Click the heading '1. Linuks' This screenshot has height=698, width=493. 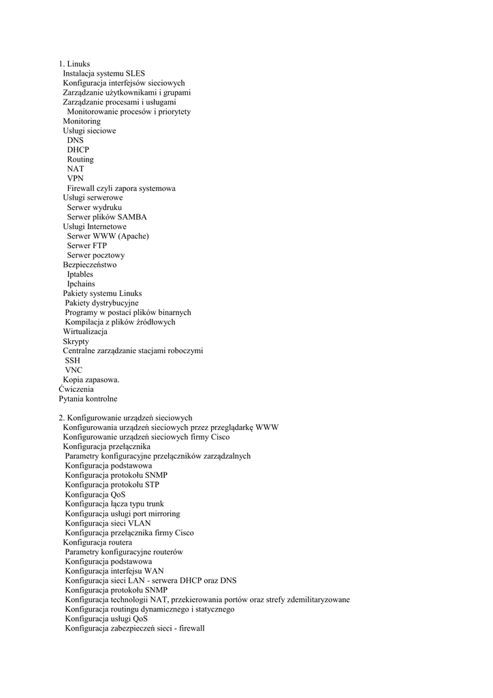[x=74, y=64]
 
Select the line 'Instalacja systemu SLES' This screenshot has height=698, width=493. [x=104, y=74]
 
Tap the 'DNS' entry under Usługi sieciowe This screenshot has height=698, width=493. [x=75, y=140]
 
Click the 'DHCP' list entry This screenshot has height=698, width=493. [x=78, y=150]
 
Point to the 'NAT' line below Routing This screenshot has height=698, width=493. [x=75, y=169]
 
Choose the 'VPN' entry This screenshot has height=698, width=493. [x=75, y=179]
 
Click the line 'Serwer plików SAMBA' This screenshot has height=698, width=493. [x=106, y=217]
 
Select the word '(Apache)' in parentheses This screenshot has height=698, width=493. [x=134, y=236]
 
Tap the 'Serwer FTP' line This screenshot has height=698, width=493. [x=86, y=245]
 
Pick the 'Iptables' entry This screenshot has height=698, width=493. [x=80, y=274]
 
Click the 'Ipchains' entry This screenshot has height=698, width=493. [x=80, y=284]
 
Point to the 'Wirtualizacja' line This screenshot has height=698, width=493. [x=85, y=331]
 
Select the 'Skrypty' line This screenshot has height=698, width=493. [x=76, y=341]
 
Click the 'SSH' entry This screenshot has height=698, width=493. [x=73, y=360]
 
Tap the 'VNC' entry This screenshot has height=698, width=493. [x=74, y=369]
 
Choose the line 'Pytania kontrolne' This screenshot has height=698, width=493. [x=88, y=398]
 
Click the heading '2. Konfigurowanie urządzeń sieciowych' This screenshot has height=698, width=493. [x=125, y=418]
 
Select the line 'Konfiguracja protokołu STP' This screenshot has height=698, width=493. [x=112, y=485]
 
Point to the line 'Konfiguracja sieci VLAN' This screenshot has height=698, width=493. [x=108, y=523]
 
